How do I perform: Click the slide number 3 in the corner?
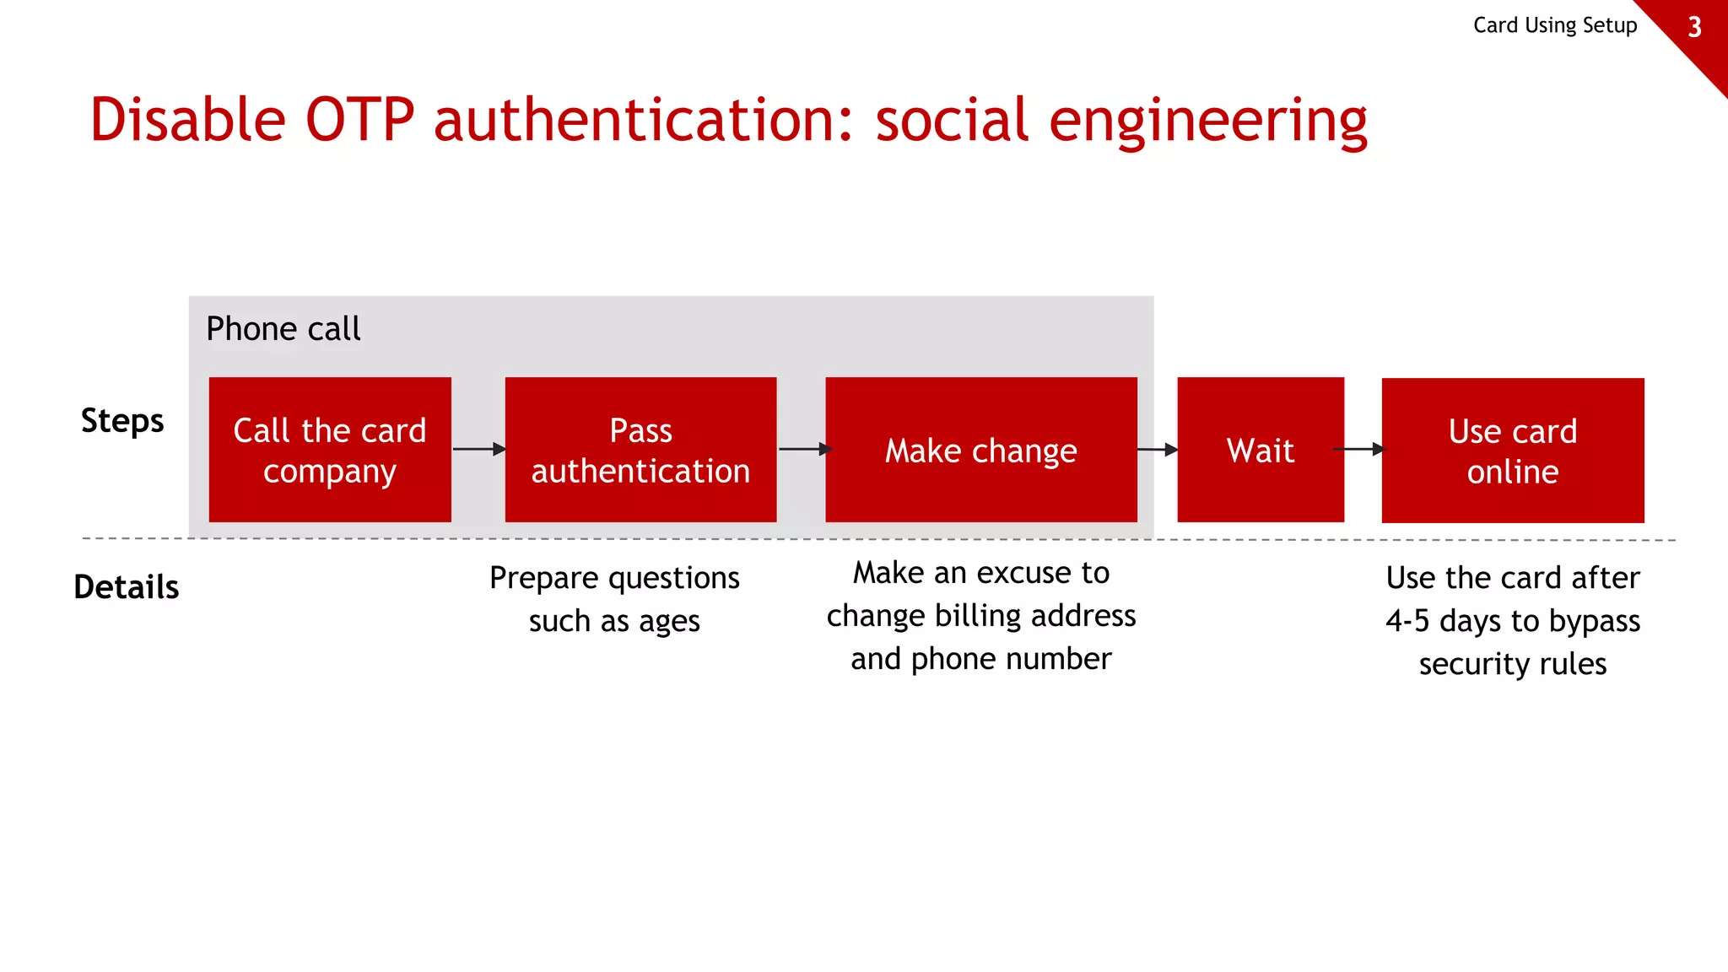pyautogui.click(x=1694, y=28)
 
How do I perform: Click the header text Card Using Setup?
pyautogui.click(x=1554, y=25)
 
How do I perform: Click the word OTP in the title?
pyautogui.click(x=359, y=120)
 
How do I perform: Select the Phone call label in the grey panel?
pyautogui.click(x=283, y=328)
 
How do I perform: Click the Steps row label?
pyautogui.click(x=122, y=420)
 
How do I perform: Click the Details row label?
pyautogui.click(x=127, y=586)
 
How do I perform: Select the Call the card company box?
pyautogui.click(x=330, y=450)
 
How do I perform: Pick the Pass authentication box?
pyautogui.click(x=640, y=450)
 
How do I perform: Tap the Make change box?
pyautogui.click(x=980, y=450)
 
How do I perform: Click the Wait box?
pyautogui.click(x=1260, y=450)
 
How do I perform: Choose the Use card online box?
pyautogui.click(x=1512, y=451)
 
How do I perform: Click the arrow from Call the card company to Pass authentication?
pyautogui.click(x=478, y=449)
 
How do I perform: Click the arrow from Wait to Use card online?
pyautogui.click(x=1361, y=449)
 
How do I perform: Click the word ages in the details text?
pyautogui.click(x=669, y=622)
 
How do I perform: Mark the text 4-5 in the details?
pyautogui.click(x=1407, y=621)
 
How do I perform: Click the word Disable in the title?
pyautogui.click(x=188, y=120)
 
